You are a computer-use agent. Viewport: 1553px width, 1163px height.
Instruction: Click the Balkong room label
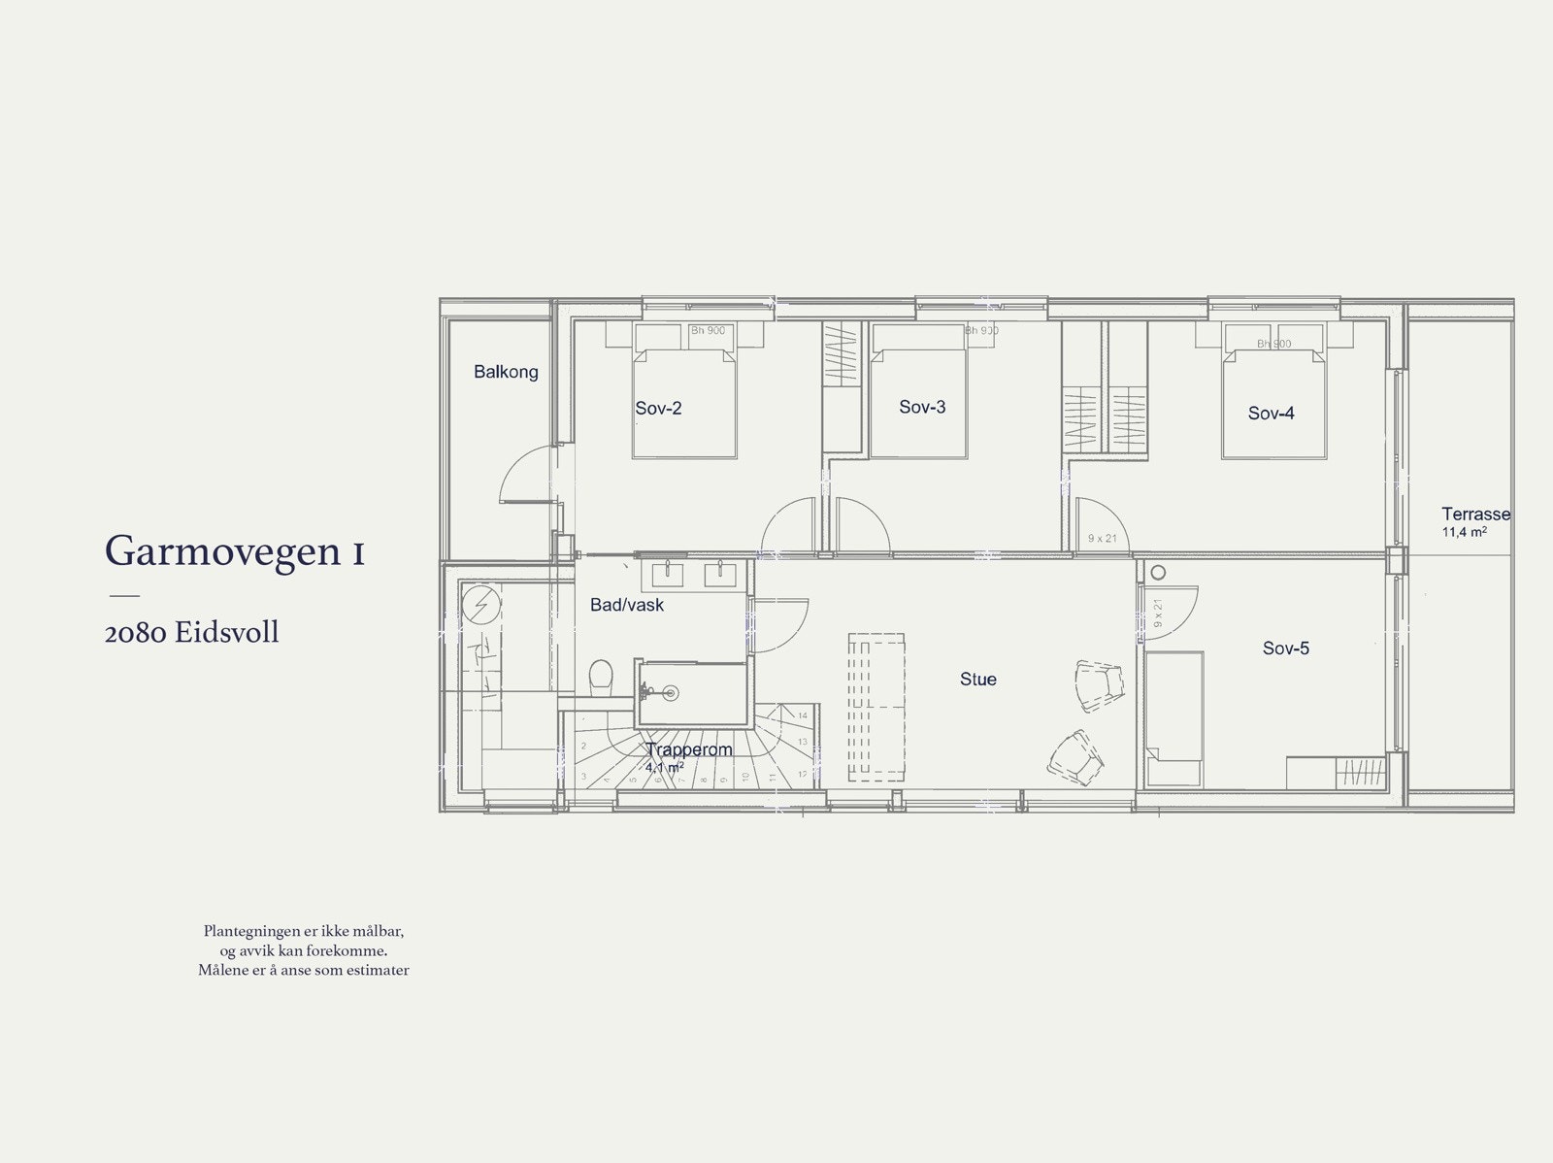tap(506, 372)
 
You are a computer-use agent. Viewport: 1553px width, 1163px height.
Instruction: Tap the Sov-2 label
tap(658, 409)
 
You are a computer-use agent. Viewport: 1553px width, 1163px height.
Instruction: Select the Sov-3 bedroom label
tap(922, 408)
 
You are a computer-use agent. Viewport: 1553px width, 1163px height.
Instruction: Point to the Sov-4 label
tap(1271, 414)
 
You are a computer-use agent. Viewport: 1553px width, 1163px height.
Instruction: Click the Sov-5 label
tap(1285, 648)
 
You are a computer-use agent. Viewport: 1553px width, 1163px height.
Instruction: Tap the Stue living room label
tap(977, 680)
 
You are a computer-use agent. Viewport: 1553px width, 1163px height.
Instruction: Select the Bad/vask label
tap(627, 606)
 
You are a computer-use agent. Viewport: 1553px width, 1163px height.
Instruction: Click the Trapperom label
tap(688, 750)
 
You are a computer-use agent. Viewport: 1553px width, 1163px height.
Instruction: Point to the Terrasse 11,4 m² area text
tap(1474, 522)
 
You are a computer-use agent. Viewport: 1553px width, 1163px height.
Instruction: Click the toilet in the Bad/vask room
tap(602, 677)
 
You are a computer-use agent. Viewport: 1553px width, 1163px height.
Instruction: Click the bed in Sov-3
tap(918, 403)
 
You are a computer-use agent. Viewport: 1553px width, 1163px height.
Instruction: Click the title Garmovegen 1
tap(235, 551)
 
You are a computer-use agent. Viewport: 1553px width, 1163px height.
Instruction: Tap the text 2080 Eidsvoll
tap(191, 633)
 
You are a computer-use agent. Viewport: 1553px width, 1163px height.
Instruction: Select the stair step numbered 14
tap(802, 715)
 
